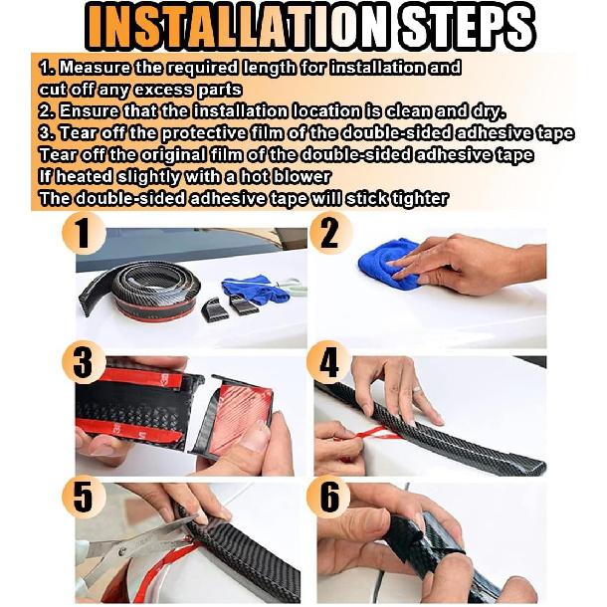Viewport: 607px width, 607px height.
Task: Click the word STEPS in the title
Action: (468, 27)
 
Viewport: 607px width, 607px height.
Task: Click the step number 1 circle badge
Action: (84, 234)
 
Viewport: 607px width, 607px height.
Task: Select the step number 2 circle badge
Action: (330, 234)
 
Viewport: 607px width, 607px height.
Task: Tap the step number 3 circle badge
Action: (84, 363)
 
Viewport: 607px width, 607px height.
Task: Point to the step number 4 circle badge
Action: (328, 363)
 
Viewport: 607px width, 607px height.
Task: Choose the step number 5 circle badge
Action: (84, 497)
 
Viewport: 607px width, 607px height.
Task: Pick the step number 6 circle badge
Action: (328, 497)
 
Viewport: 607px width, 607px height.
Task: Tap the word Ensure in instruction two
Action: (90, 111)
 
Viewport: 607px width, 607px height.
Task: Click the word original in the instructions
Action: (173, 155)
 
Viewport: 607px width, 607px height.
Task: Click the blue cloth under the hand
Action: (387, 264)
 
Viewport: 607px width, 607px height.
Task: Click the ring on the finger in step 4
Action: (417, 388)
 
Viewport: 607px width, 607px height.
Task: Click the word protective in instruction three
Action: (204, 133)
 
